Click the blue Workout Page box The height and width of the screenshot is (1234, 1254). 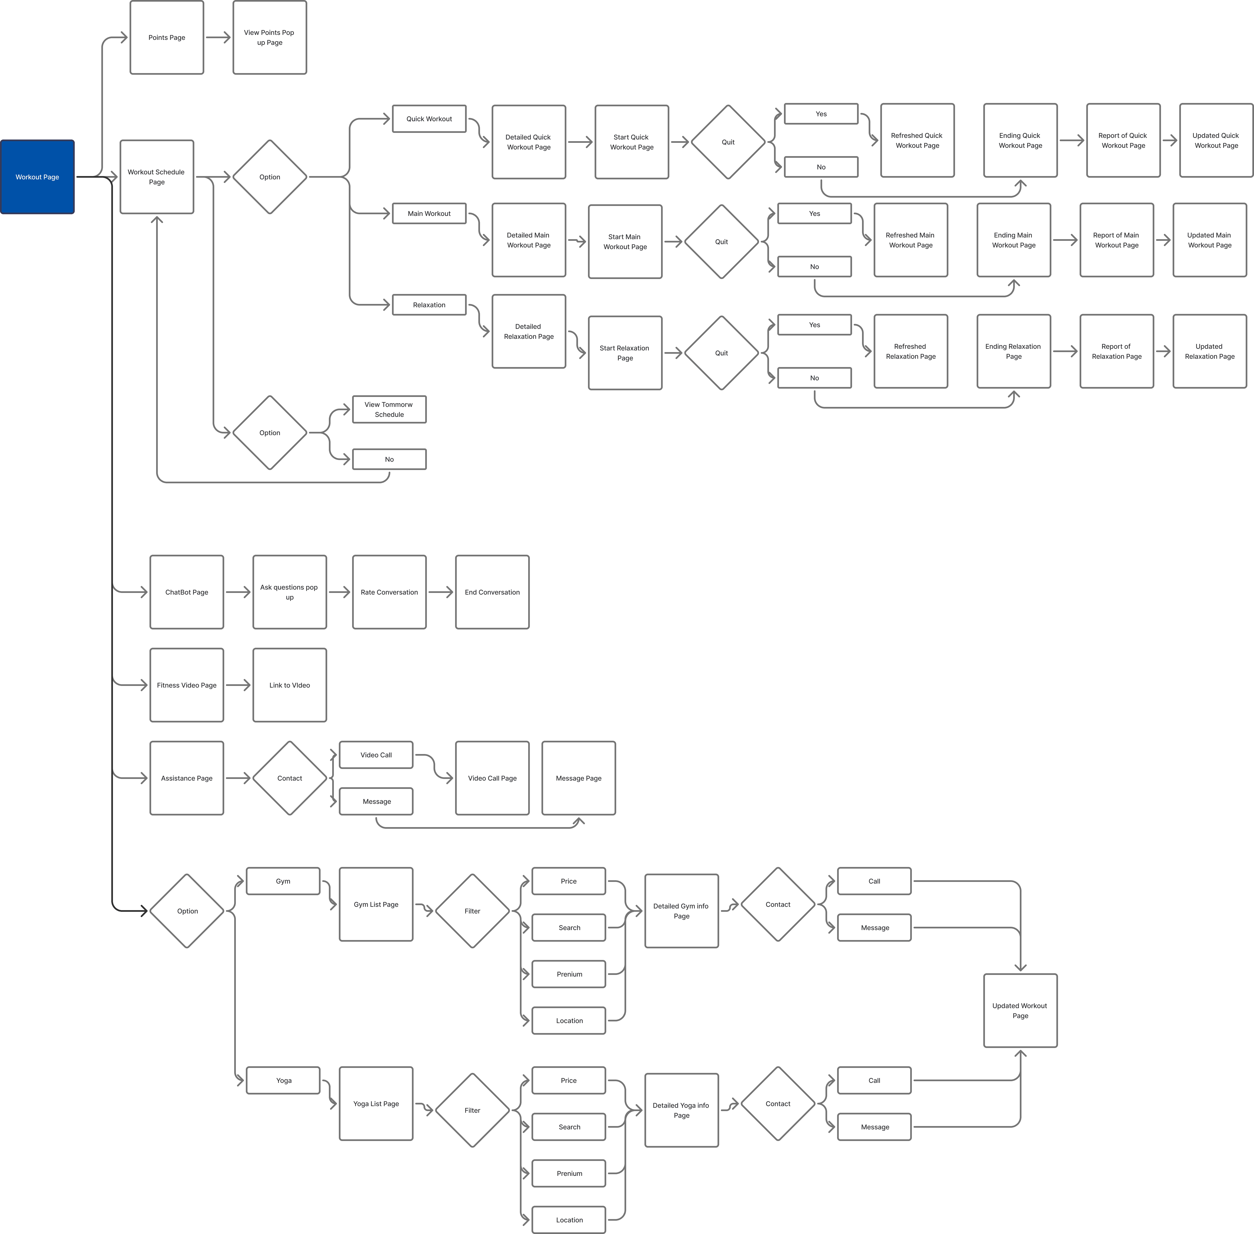pyautogui.click(x=38, y=177)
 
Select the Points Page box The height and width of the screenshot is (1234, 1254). pyautogui.click(x=167, y=38)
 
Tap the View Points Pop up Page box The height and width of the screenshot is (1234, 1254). pyautogui.click(x=270, y=38)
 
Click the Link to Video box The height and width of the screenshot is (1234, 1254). pyautogui.click(x=290, y=685)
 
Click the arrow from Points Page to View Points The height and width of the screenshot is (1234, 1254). pyautogui.click(x=218, y=38)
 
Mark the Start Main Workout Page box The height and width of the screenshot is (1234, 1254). pyautogui.click(x=625, y=242)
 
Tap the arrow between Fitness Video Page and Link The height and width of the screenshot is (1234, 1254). pyautogui.click(x=238, y=685)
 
